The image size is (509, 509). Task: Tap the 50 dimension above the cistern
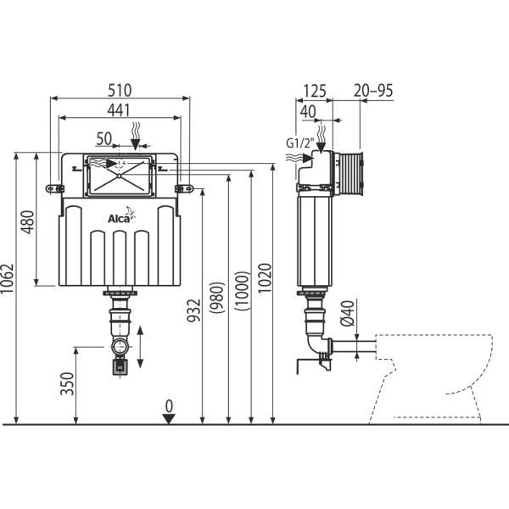[x=104, y=137]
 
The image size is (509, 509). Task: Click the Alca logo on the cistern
[x=118, y=219]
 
